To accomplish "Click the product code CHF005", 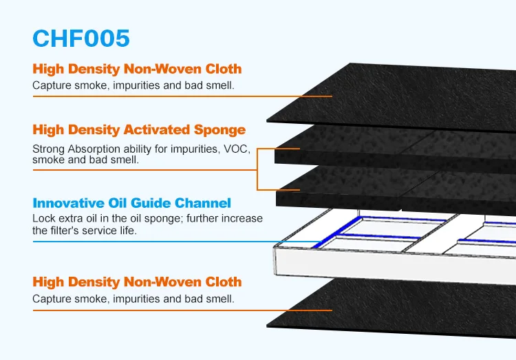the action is [81, 38].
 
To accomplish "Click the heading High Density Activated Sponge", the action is [138, 130].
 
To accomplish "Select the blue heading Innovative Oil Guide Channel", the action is [131, 203].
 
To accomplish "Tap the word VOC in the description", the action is [238, 148].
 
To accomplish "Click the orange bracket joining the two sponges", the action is [257, 169].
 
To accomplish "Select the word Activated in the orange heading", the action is [160, 130].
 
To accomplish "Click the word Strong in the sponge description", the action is [47, 148].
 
